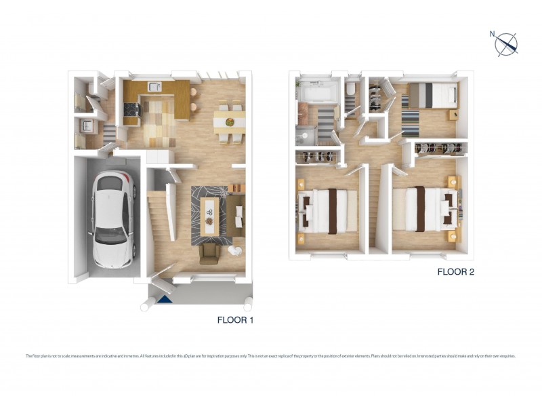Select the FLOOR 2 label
(x=457, y=273)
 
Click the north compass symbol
(x=506, y=43)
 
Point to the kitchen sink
(x=155, y=86)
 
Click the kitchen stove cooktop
(x=130, y=107)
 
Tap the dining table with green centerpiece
(x=229, y=122)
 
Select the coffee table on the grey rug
(x=211, y=214)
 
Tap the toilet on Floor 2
(x=350, y=90)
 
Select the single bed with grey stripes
(x=433, y=94)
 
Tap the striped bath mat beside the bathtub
(x=324, y=120)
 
